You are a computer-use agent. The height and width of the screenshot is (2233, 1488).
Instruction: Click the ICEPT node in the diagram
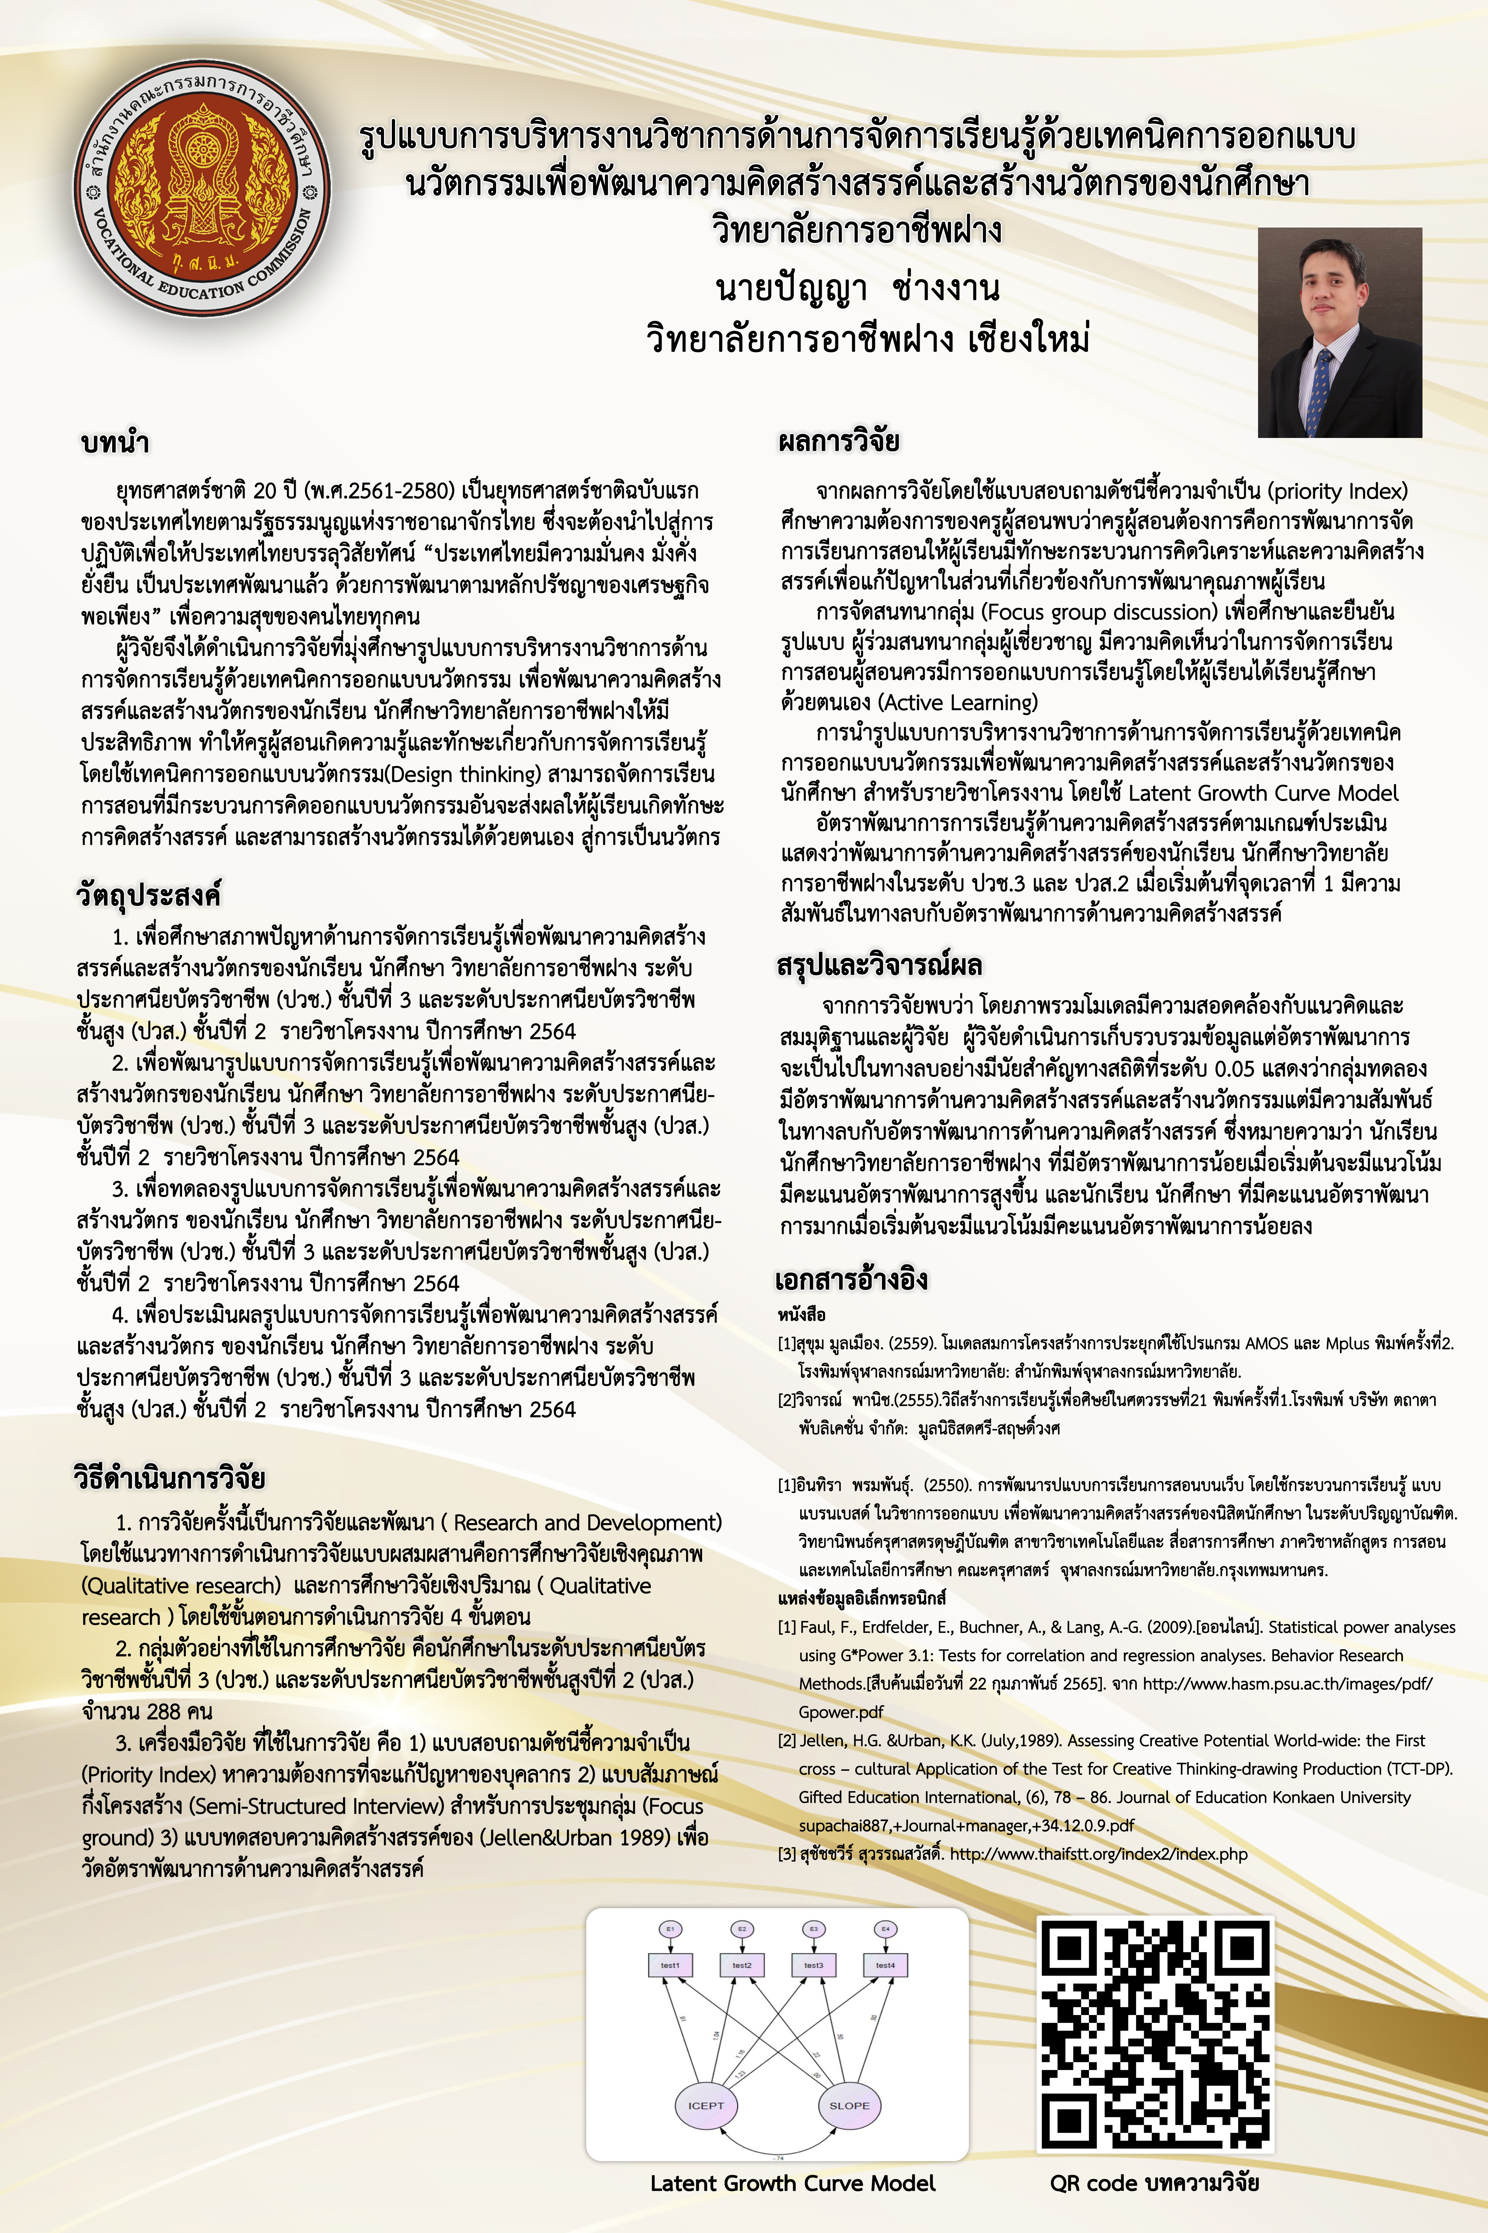(x=705, y=2105)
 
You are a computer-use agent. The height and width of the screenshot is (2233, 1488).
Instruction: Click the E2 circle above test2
(x=742, y=1928)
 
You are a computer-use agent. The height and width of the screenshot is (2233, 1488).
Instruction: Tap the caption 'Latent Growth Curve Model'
(x=793, y=2183)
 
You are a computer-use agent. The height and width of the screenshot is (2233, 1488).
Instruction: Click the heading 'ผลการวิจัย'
(x=838, y=441)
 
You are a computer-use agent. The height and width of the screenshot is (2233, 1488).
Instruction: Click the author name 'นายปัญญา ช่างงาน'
(x=857, y=289)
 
